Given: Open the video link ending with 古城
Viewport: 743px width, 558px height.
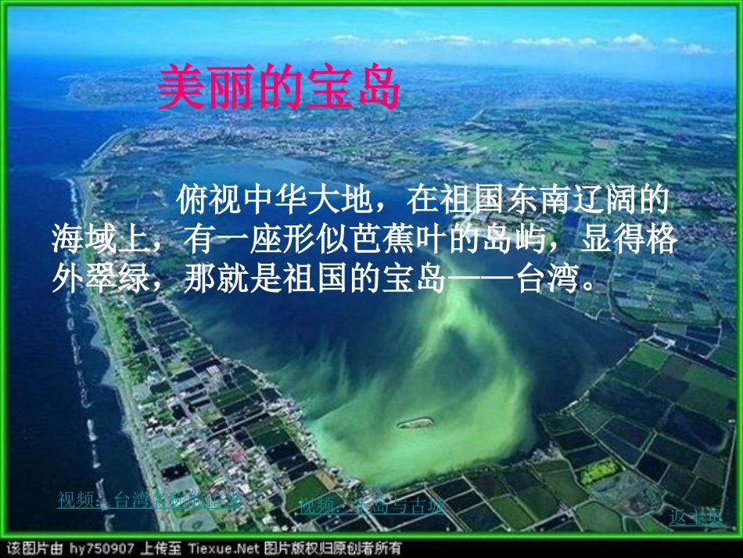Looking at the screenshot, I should point(371,505).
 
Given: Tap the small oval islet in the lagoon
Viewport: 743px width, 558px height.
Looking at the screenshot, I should point(415,423).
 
